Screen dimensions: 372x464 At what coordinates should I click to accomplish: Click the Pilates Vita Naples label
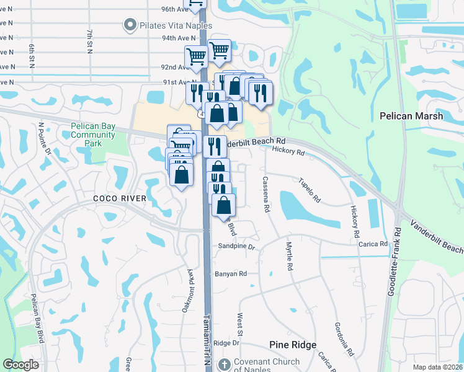click(175, 26)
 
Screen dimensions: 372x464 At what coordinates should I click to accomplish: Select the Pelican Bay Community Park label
click(93, 135)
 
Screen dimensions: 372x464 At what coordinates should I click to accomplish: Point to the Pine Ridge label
click(293, 345)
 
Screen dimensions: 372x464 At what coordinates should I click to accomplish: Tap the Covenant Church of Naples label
click(266, 366)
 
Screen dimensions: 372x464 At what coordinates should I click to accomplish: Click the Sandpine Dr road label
click(236, 247)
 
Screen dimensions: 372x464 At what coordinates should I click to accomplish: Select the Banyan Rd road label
click(231, 273)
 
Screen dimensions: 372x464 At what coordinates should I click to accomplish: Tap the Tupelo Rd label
click(310, 191)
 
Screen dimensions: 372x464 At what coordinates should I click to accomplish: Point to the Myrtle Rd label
click(288, 256)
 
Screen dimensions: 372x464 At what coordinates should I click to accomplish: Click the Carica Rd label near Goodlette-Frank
click(373, 244)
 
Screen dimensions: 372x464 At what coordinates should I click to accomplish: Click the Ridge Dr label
click(226, 343)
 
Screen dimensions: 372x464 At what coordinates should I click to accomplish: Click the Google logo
click(21, 365)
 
